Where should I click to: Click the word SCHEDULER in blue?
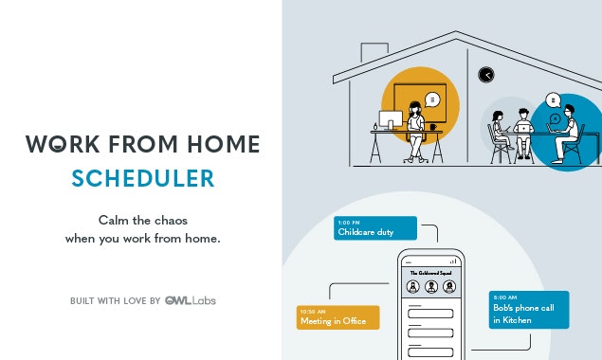click(143, 178)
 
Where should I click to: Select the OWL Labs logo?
click(196, 300)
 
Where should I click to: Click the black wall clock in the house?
click(486, 75)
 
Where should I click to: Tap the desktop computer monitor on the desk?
click(390, 120)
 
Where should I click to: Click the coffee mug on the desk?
click(433, 125)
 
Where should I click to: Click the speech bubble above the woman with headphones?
click(432, 99)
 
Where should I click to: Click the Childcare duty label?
click(375, 228)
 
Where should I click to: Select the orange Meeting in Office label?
click(337, 317)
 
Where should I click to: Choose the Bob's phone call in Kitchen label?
click(528, 310)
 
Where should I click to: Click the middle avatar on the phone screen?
click(430, 286)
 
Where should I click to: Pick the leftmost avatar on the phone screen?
click(412, 286)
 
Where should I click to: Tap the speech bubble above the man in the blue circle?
click(554, 99)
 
